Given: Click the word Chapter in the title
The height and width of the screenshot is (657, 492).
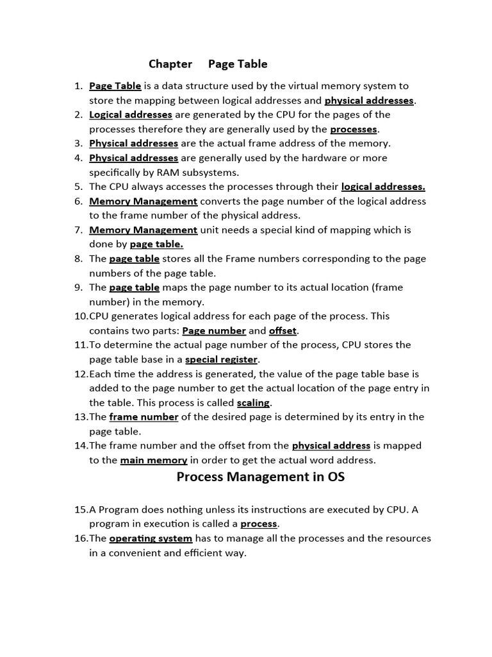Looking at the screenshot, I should (170, 64).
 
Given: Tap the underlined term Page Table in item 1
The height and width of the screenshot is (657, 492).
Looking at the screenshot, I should (115, 86).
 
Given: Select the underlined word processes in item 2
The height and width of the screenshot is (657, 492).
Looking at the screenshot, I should (353, 129).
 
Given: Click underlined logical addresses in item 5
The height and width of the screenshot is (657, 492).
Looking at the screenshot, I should (383, 187).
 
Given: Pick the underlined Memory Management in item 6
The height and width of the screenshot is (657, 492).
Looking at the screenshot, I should (143, 201).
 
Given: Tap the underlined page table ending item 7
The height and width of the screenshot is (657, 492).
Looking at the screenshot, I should (156, 244).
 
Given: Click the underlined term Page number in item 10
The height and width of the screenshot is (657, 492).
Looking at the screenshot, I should (214, 331).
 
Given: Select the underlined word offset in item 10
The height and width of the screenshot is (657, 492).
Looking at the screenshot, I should (283, 331).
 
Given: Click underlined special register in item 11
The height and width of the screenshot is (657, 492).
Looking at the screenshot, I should (221, 359).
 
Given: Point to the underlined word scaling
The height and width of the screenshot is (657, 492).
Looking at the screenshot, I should (253, 403).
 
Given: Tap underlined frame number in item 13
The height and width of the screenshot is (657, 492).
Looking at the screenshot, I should (143, 417).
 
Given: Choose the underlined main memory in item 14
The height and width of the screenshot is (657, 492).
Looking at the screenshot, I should (154, 460).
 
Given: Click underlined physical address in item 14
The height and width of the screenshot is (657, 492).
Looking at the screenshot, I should (331, 446).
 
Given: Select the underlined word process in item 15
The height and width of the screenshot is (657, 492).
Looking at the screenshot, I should (259, 524).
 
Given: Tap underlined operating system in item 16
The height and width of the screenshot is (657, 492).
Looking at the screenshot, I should (151, 538).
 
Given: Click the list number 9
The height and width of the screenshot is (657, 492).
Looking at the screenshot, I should (78, 287).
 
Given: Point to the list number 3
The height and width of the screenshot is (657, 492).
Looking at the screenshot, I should (78, 144).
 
